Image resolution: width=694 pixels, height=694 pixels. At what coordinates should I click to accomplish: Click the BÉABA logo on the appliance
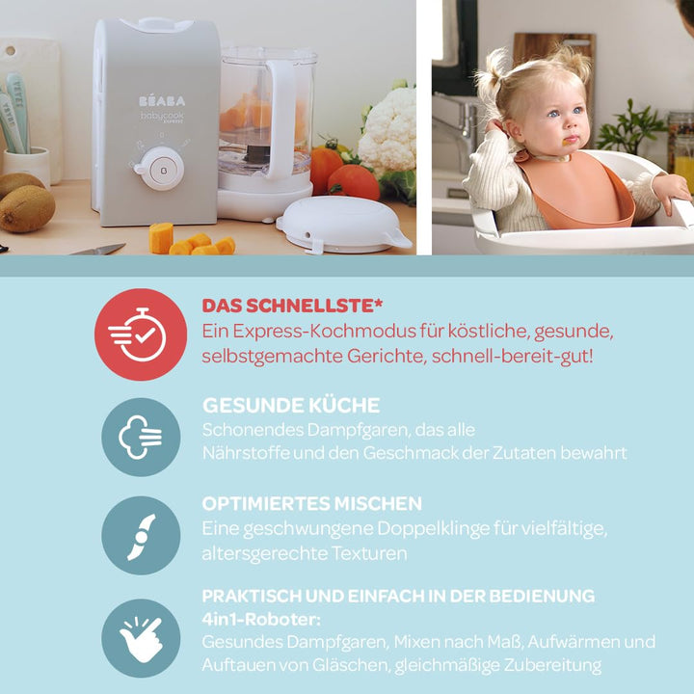click(161, 100)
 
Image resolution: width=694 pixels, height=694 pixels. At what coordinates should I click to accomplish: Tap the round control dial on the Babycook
click(159, 168)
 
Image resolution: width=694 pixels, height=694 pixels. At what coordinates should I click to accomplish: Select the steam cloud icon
click(141, 437)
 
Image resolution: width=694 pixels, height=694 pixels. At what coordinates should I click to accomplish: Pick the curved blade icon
click(141, 535)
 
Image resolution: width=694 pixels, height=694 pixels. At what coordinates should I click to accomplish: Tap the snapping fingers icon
click(141, 637)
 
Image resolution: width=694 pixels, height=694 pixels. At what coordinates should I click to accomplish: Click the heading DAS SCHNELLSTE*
click(292, 306)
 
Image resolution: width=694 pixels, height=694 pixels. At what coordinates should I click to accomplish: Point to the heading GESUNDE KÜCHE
click(290, 405)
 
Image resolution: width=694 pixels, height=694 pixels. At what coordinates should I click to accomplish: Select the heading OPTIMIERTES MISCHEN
click(311, 503)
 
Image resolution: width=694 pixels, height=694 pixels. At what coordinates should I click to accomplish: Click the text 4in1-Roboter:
click(260, 619)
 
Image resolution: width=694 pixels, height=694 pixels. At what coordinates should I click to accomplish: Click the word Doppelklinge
click(433, 528)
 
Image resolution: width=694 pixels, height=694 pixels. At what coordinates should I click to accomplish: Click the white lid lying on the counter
click(342, 224)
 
